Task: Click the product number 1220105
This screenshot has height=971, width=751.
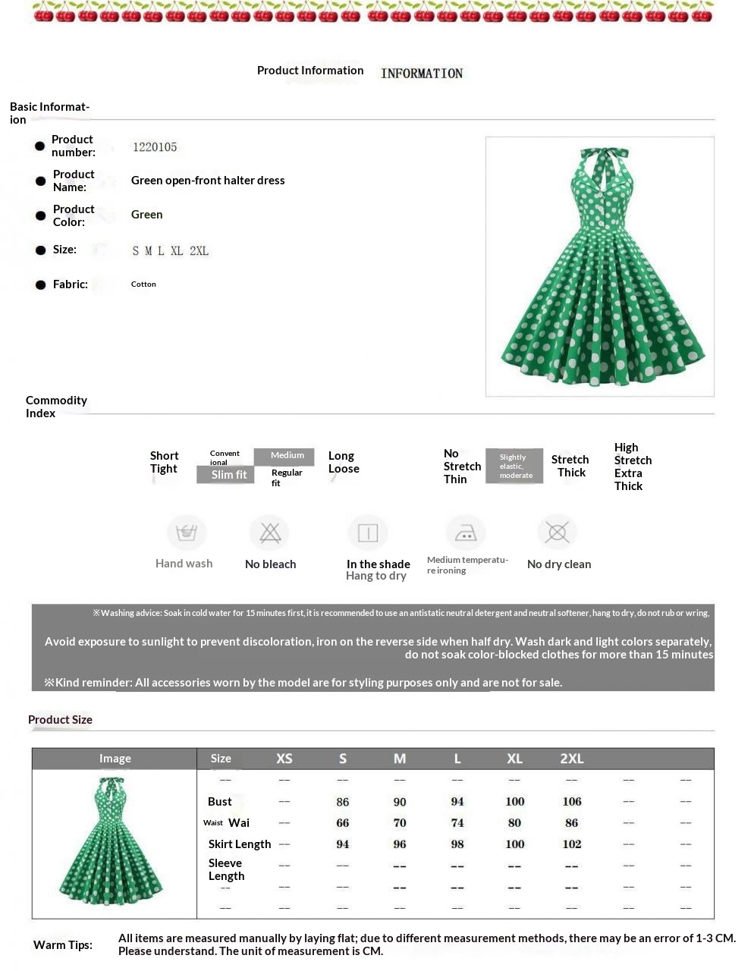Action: pos(155,147)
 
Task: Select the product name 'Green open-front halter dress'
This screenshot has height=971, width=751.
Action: pos(208,181)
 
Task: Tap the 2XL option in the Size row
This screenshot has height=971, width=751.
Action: pos(199,251)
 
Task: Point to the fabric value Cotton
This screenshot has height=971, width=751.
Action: pos(143,284)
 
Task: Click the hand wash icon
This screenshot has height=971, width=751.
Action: pos(186,533)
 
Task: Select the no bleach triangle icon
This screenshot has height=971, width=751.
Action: pos(270,533)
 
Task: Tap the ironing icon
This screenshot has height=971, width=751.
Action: pos(465,533)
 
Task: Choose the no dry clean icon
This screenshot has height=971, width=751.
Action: pos(558,533)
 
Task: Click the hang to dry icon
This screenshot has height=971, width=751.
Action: pos(368,533)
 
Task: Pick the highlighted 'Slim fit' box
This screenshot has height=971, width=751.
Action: pos(226,475)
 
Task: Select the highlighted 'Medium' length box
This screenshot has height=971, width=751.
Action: pos(284,456)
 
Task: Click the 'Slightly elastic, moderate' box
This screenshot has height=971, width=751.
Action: pos(514,466)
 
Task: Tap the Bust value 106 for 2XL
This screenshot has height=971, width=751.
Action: pos(572,802)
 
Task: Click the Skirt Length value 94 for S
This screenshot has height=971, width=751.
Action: pos(343,844)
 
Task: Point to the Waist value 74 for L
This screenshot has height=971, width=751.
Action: pos(457,823)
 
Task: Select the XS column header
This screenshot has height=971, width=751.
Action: pos(284,759)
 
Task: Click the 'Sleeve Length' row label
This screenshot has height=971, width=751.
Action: pos(226,869)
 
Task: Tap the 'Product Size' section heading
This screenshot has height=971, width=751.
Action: pos(60,720)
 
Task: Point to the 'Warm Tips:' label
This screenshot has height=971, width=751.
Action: pos(63,945)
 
